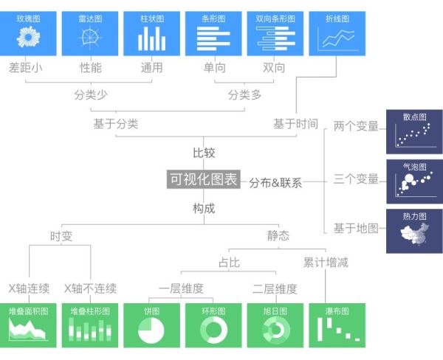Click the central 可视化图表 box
pos(204,179)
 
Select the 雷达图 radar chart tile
pos(90,34)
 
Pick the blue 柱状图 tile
pos(151,34)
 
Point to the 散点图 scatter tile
pos(414,131)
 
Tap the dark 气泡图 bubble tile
pos(414,181)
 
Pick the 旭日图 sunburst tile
pos(275,325)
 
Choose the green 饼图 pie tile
pos(151,325)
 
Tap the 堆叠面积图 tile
pos(28,325)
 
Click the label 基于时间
pos(295,124)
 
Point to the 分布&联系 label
pos(275,182)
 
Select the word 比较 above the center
pos(204,153)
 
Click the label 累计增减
pos(326,261)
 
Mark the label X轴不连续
pos(89,288)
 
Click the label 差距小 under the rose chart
pos(27,68)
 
